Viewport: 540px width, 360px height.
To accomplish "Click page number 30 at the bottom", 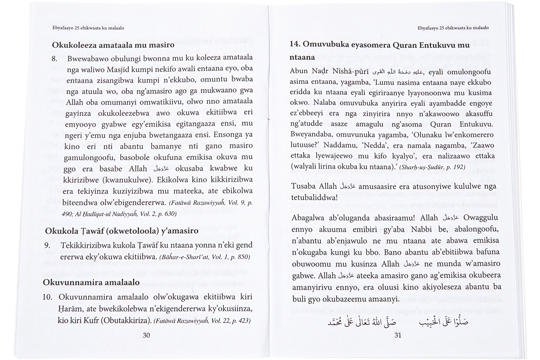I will click(x=146, y=336).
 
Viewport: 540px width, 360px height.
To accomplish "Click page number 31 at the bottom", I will click(x=398, y=336).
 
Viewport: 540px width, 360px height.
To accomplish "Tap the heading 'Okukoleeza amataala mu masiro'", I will click(x=113, y=45).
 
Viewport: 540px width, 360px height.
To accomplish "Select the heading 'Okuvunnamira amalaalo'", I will click(x=91, y=282).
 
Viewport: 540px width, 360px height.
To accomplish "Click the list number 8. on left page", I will click(x=55, y=58).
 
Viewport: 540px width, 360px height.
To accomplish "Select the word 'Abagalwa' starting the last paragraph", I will click(x=307, y=218).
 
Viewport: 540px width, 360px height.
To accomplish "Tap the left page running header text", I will click(x=86, y=28).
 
